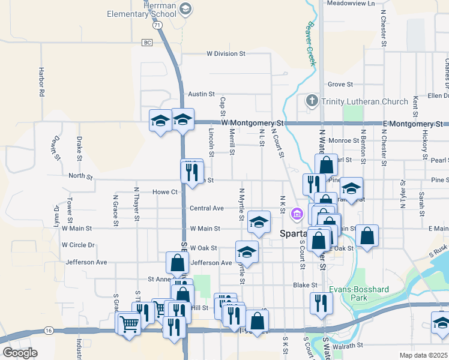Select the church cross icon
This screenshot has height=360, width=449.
(312, 101)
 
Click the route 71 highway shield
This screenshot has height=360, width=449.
(157, 26)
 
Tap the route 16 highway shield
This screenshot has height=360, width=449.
(49, 331)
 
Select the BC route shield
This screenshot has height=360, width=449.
(147, 42)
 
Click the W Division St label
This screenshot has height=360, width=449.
(226, 53)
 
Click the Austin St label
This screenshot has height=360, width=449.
(201, 94)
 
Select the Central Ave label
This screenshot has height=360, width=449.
(206, 208)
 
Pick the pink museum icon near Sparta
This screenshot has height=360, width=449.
(297, 213)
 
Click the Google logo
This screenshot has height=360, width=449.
(20, 353)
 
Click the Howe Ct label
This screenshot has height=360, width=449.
(165, 192)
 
